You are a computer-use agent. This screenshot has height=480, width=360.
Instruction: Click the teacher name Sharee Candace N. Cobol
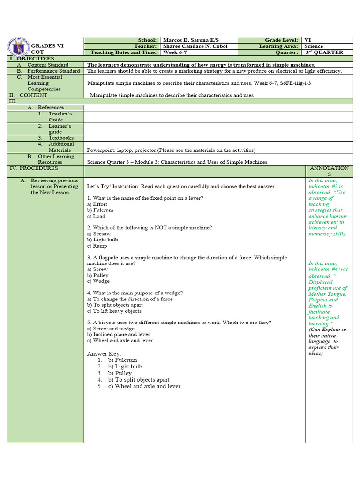point(196,46)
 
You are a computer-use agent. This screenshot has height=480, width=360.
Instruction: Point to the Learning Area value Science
point(314,46)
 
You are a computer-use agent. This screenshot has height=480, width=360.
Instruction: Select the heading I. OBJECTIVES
point(31,59)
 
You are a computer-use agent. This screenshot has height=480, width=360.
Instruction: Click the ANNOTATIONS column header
point(329,171)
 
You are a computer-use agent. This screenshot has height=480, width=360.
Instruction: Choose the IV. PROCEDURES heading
point(34,168)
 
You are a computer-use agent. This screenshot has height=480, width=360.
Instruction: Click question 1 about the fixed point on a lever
point(145,198)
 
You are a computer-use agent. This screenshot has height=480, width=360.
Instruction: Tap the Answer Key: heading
point(104,353)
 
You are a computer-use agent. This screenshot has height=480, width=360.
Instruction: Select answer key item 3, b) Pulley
point(120,373)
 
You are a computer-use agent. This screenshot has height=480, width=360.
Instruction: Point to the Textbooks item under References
point(61,138)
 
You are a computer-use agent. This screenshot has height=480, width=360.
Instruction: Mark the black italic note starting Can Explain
point(327,341)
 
